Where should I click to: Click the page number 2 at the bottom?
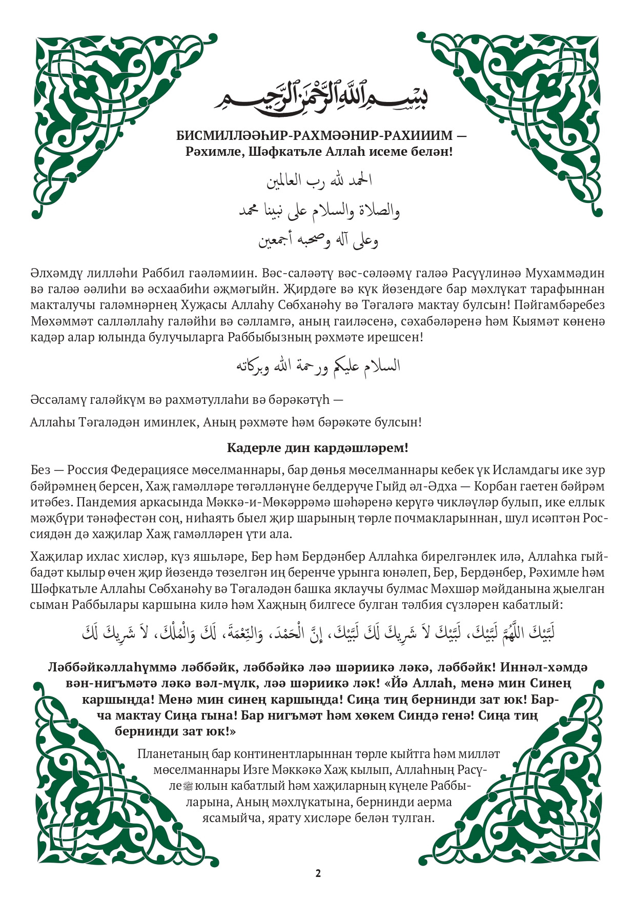pos(318,873)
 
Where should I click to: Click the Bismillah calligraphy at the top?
pos(321,96)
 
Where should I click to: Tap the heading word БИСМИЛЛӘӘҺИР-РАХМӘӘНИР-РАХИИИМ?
pos(314,136)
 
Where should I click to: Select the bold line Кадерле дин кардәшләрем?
pos(318,447)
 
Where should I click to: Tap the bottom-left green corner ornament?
pos(102,784)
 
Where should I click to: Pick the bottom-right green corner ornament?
pos(533,784)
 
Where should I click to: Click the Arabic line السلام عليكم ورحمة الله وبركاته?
pos(318,365)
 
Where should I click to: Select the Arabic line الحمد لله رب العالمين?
pos(319,180)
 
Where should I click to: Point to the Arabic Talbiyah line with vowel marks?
pos(318,634)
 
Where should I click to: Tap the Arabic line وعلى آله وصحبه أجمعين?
pos(318,240)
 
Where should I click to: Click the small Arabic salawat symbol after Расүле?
pos(188,786)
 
